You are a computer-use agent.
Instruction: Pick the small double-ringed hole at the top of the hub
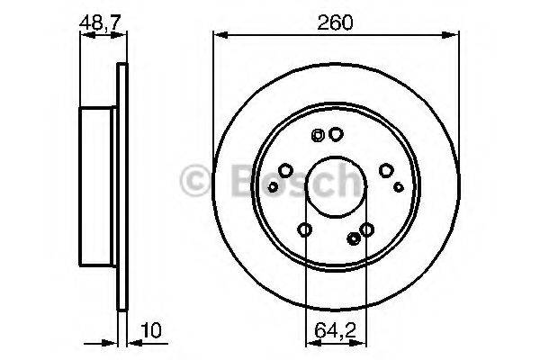point(317,136)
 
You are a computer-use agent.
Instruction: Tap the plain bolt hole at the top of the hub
point(336,135)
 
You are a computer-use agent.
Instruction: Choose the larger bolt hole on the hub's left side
point(285,169)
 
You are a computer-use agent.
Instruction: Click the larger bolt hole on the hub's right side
point(385,169)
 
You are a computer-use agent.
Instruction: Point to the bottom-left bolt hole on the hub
point(304,230)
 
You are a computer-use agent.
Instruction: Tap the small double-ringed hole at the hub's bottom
point(353,238)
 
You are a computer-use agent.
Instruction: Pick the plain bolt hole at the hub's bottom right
point(366,230)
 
